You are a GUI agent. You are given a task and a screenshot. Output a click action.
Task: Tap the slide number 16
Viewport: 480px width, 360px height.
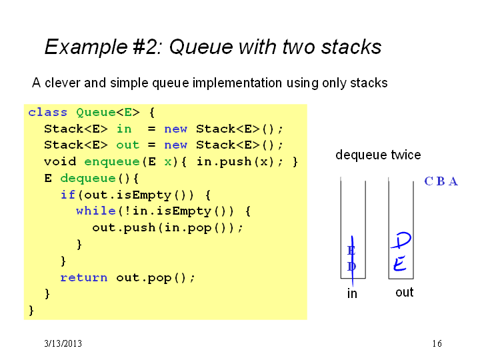(x=437, y=343)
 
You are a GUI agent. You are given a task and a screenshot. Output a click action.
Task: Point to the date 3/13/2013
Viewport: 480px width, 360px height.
(x=63, y=343)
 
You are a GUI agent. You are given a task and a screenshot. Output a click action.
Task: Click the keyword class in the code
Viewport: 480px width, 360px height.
(x=47, y=113)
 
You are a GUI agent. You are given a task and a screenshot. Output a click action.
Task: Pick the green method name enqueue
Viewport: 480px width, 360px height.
(x=112, y=161)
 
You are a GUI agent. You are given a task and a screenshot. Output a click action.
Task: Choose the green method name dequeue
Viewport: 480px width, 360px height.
(x=88, y=178)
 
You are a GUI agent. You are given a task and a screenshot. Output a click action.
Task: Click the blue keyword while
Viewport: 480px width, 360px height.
(x=96, y=211)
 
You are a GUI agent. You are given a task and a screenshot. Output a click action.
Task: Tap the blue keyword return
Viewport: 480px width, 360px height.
(x=84, y=277)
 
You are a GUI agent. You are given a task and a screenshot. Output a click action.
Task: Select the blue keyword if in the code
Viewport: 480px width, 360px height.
(x=68, y=195)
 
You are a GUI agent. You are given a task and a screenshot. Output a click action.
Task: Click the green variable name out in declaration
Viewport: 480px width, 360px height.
(x=127, y=145)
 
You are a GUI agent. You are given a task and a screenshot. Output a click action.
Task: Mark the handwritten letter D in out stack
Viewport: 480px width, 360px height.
(x=401, y=241)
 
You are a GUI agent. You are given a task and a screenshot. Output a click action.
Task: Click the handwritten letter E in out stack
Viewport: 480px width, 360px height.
(x=400, y=263)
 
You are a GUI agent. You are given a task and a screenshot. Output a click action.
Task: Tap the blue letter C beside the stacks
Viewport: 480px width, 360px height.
(x=429, y=181)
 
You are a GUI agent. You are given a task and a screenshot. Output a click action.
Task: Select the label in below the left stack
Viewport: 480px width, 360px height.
(x=352, y=293)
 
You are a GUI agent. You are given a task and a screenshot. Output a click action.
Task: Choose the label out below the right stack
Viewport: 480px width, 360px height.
(x=405, y=293)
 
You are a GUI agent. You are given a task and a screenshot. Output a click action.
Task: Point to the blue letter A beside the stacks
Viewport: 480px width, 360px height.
(x=453, y=181)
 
